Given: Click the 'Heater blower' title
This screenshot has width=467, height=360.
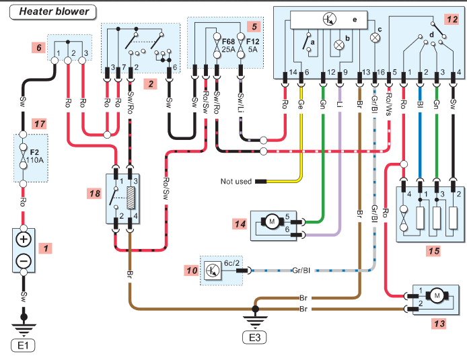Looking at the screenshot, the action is (54, 11).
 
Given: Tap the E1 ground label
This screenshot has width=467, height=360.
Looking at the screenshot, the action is (23, 346).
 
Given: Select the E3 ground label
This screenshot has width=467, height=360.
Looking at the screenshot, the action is (254, 338).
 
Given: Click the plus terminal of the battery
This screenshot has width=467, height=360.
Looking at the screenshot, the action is (24, 240).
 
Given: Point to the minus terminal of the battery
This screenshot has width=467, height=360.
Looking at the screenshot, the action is (24, 261).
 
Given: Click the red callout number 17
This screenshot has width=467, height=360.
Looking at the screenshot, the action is (40, 124).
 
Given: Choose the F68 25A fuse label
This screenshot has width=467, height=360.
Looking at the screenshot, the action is (228, 45).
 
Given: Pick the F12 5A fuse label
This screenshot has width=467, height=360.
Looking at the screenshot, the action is (252, 45).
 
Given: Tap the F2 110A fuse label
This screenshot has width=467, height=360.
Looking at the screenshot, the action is (34, 156).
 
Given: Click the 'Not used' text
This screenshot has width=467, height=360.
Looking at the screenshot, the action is (236, 181).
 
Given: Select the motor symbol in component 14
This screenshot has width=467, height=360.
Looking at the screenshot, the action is (272, 221).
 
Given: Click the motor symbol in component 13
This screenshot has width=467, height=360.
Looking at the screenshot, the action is (437, 296).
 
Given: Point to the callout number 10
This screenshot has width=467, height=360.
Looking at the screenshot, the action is (192, 271).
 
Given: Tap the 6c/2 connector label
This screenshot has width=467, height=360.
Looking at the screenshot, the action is (231, 263).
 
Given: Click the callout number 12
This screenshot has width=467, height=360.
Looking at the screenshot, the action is (452, 20).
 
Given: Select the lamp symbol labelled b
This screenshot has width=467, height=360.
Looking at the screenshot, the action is (339, 45).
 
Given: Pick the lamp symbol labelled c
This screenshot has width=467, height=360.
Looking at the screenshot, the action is (375, 38).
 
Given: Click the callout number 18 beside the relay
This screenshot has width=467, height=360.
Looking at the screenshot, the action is (95, 194).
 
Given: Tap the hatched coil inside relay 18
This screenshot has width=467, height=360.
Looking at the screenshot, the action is (131, 198).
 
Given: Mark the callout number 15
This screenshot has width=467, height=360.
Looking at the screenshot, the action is (434, 251).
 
